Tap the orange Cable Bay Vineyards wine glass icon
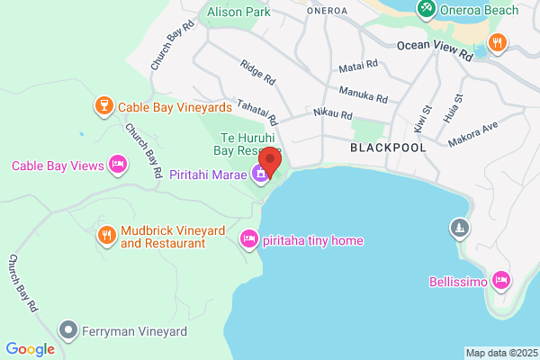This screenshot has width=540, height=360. coord(103,107)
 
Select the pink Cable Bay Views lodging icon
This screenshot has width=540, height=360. coord(116,165)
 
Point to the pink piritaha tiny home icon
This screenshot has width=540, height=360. coord(248,239)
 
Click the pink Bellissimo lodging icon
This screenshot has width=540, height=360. coord(502,281)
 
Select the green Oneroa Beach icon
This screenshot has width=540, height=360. coord(427,10)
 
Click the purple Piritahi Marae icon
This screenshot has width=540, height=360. coord(261,174)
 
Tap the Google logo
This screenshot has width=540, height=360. coord(30,349)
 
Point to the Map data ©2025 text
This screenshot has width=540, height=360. coord(500,353)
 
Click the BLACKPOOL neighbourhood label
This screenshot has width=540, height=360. coord(387,146)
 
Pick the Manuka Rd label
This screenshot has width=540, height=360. coord(364,94)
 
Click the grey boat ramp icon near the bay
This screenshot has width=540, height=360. coord(460,228)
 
